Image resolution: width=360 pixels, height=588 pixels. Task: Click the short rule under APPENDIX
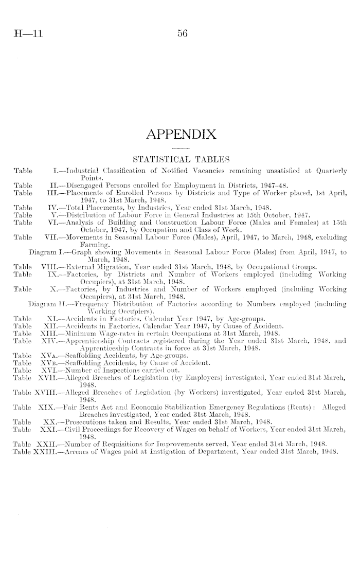click(x=181, y=148)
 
